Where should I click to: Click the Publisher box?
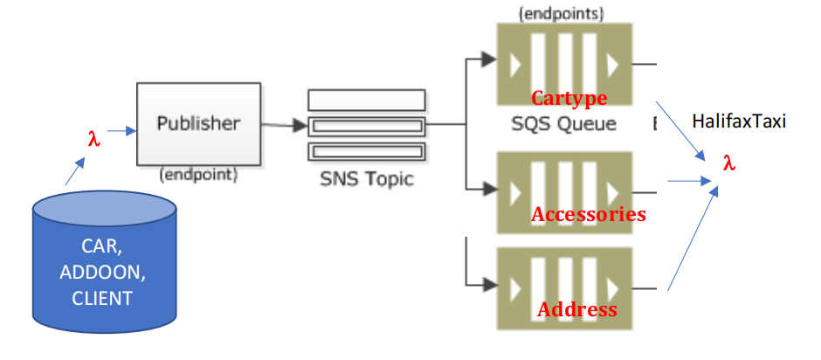click(x=198, y=123)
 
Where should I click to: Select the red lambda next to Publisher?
click(x=93, y=137)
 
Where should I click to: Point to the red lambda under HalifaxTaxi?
click(x=728, y=163)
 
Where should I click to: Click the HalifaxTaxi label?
click(x=738, y=121)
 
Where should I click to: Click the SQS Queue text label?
click(x=563, y=123)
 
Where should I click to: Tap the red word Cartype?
click(x=569, y=97)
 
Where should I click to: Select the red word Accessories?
click(x=588, y=214)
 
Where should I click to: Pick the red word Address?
click(x=576, y=309)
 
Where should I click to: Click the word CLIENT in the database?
click(x=102, y=298)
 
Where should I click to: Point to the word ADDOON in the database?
click(x=102, y=273)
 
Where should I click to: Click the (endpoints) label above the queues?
click(x=562, y=13)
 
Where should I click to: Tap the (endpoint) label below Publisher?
click(x=198, y=174)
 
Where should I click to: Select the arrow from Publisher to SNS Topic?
click(x=284, y=126)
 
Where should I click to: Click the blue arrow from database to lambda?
click(x=76, y=171)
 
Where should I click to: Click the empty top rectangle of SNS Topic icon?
click(x=366, y=99)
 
